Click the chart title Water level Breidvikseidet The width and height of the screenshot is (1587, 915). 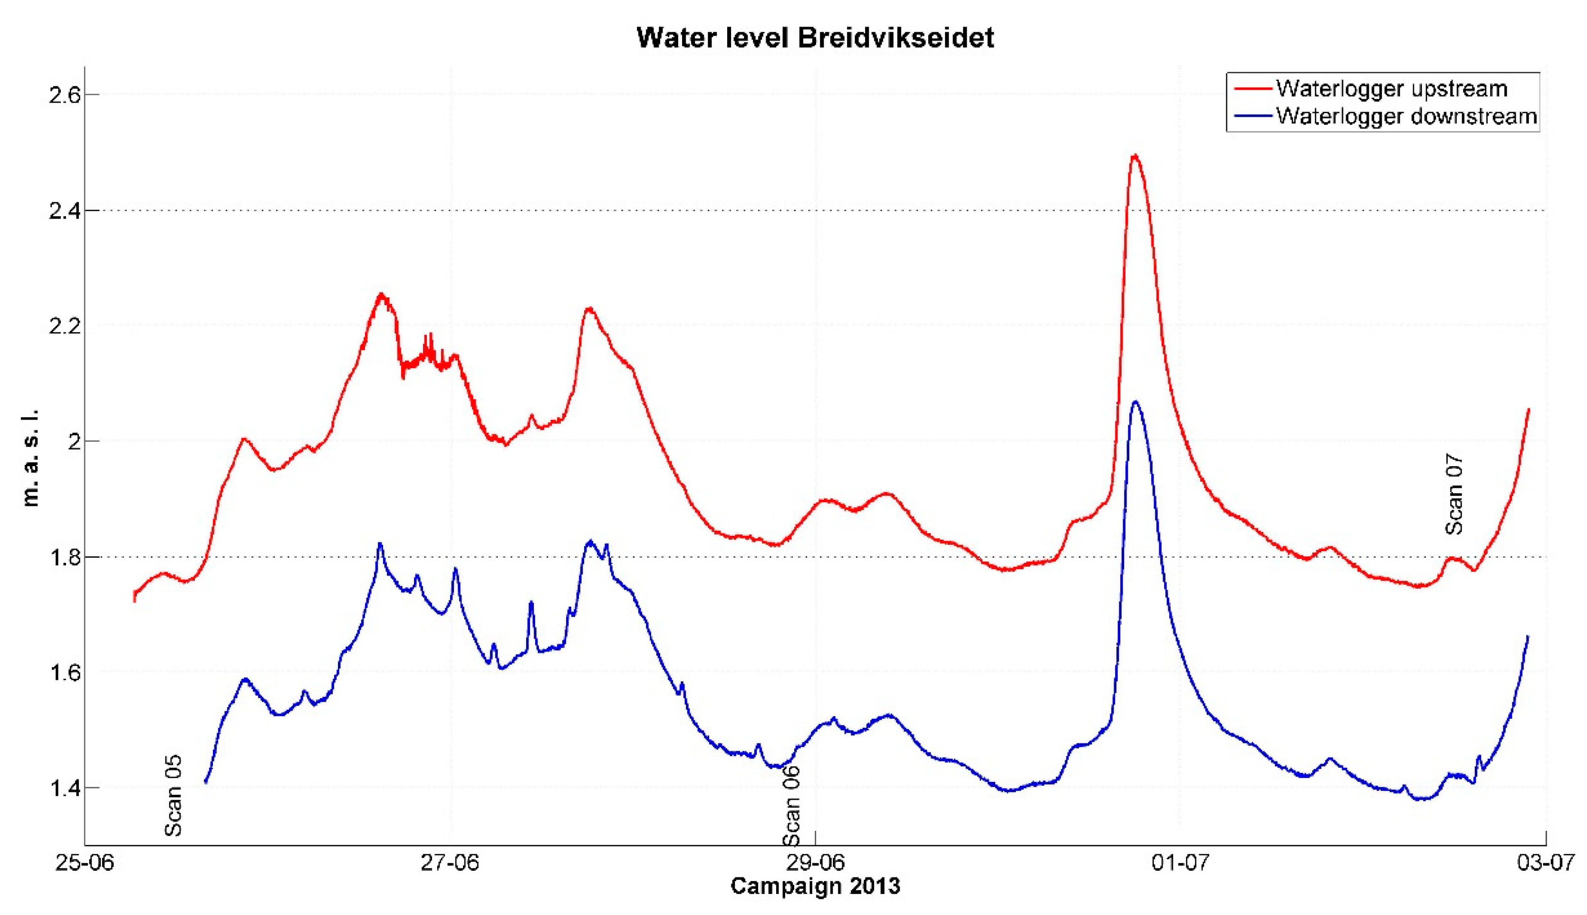[815, 38]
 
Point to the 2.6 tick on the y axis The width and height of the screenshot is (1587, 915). [65, 95]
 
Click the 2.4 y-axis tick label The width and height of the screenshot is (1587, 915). [65, 210]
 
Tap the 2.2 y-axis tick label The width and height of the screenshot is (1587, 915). [65, 325]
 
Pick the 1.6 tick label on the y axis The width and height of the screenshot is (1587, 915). [65, 672]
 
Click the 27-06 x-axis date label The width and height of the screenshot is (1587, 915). [450, 863]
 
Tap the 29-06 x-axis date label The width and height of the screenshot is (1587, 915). [815, 863]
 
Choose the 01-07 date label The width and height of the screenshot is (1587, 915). [1180, 863]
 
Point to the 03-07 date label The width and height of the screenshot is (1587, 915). [1545, 863]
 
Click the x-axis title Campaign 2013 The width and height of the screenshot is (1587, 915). [815, 886]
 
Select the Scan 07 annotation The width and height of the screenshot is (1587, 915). [1454, 495]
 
